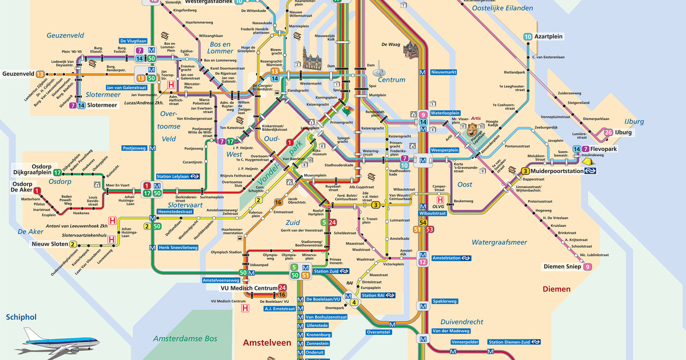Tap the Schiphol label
click(x=21, y=317)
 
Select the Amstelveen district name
click(x=267, y=343)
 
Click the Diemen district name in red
click(x=556, y=289)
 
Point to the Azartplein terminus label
click(x=548, y=37)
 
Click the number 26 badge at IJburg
click(x=609, y=133)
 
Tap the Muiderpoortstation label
click(x=555, y=170)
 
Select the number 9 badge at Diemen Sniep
click(x=587, y=266)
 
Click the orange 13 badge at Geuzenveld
click(x=40, y=74)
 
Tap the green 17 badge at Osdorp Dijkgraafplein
click(x=57, y=172)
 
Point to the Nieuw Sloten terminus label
click(x=49, y=244)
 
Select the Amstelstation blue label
click(x=446, y=258)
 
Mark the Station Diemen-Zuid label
click(x=510, y=342)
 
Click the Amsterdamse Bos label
click(x=185, y=339)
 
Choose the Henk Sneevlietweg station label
click(x=177, y=247)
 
